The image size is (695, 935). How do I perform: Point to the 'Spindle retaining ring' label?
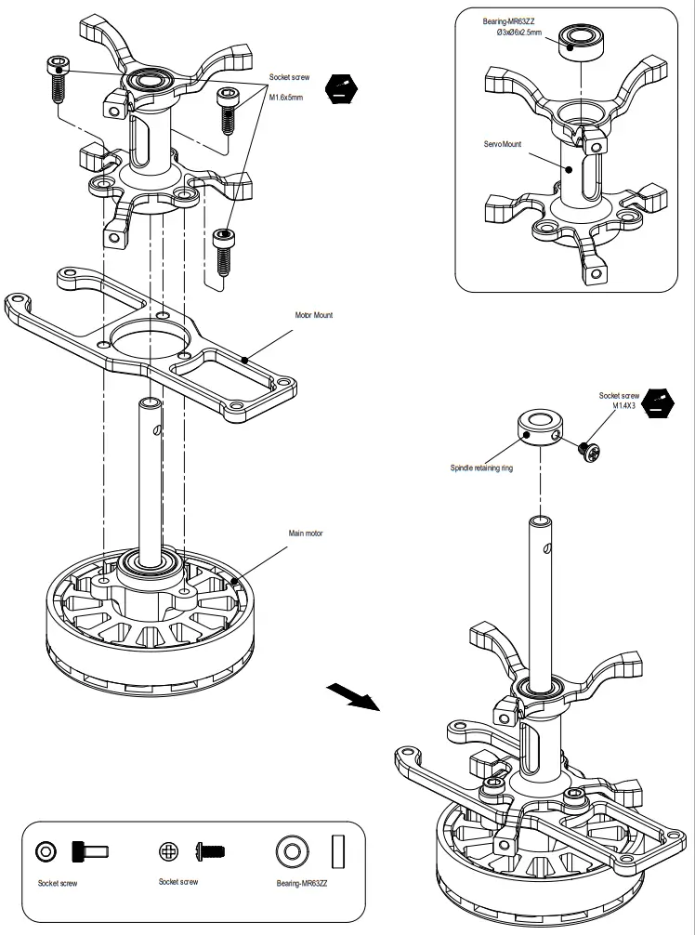pos(480,468)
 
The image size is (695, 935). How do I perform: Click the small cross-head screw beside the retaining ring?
pos(587,452)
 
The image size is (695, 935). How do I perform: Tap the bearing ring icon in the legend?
pos(293,850)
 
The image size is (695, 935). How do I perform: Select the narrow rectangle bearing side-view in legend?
pos(339,850)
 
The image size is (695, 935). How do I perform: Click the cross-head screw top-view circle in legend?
pos(168,850)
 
